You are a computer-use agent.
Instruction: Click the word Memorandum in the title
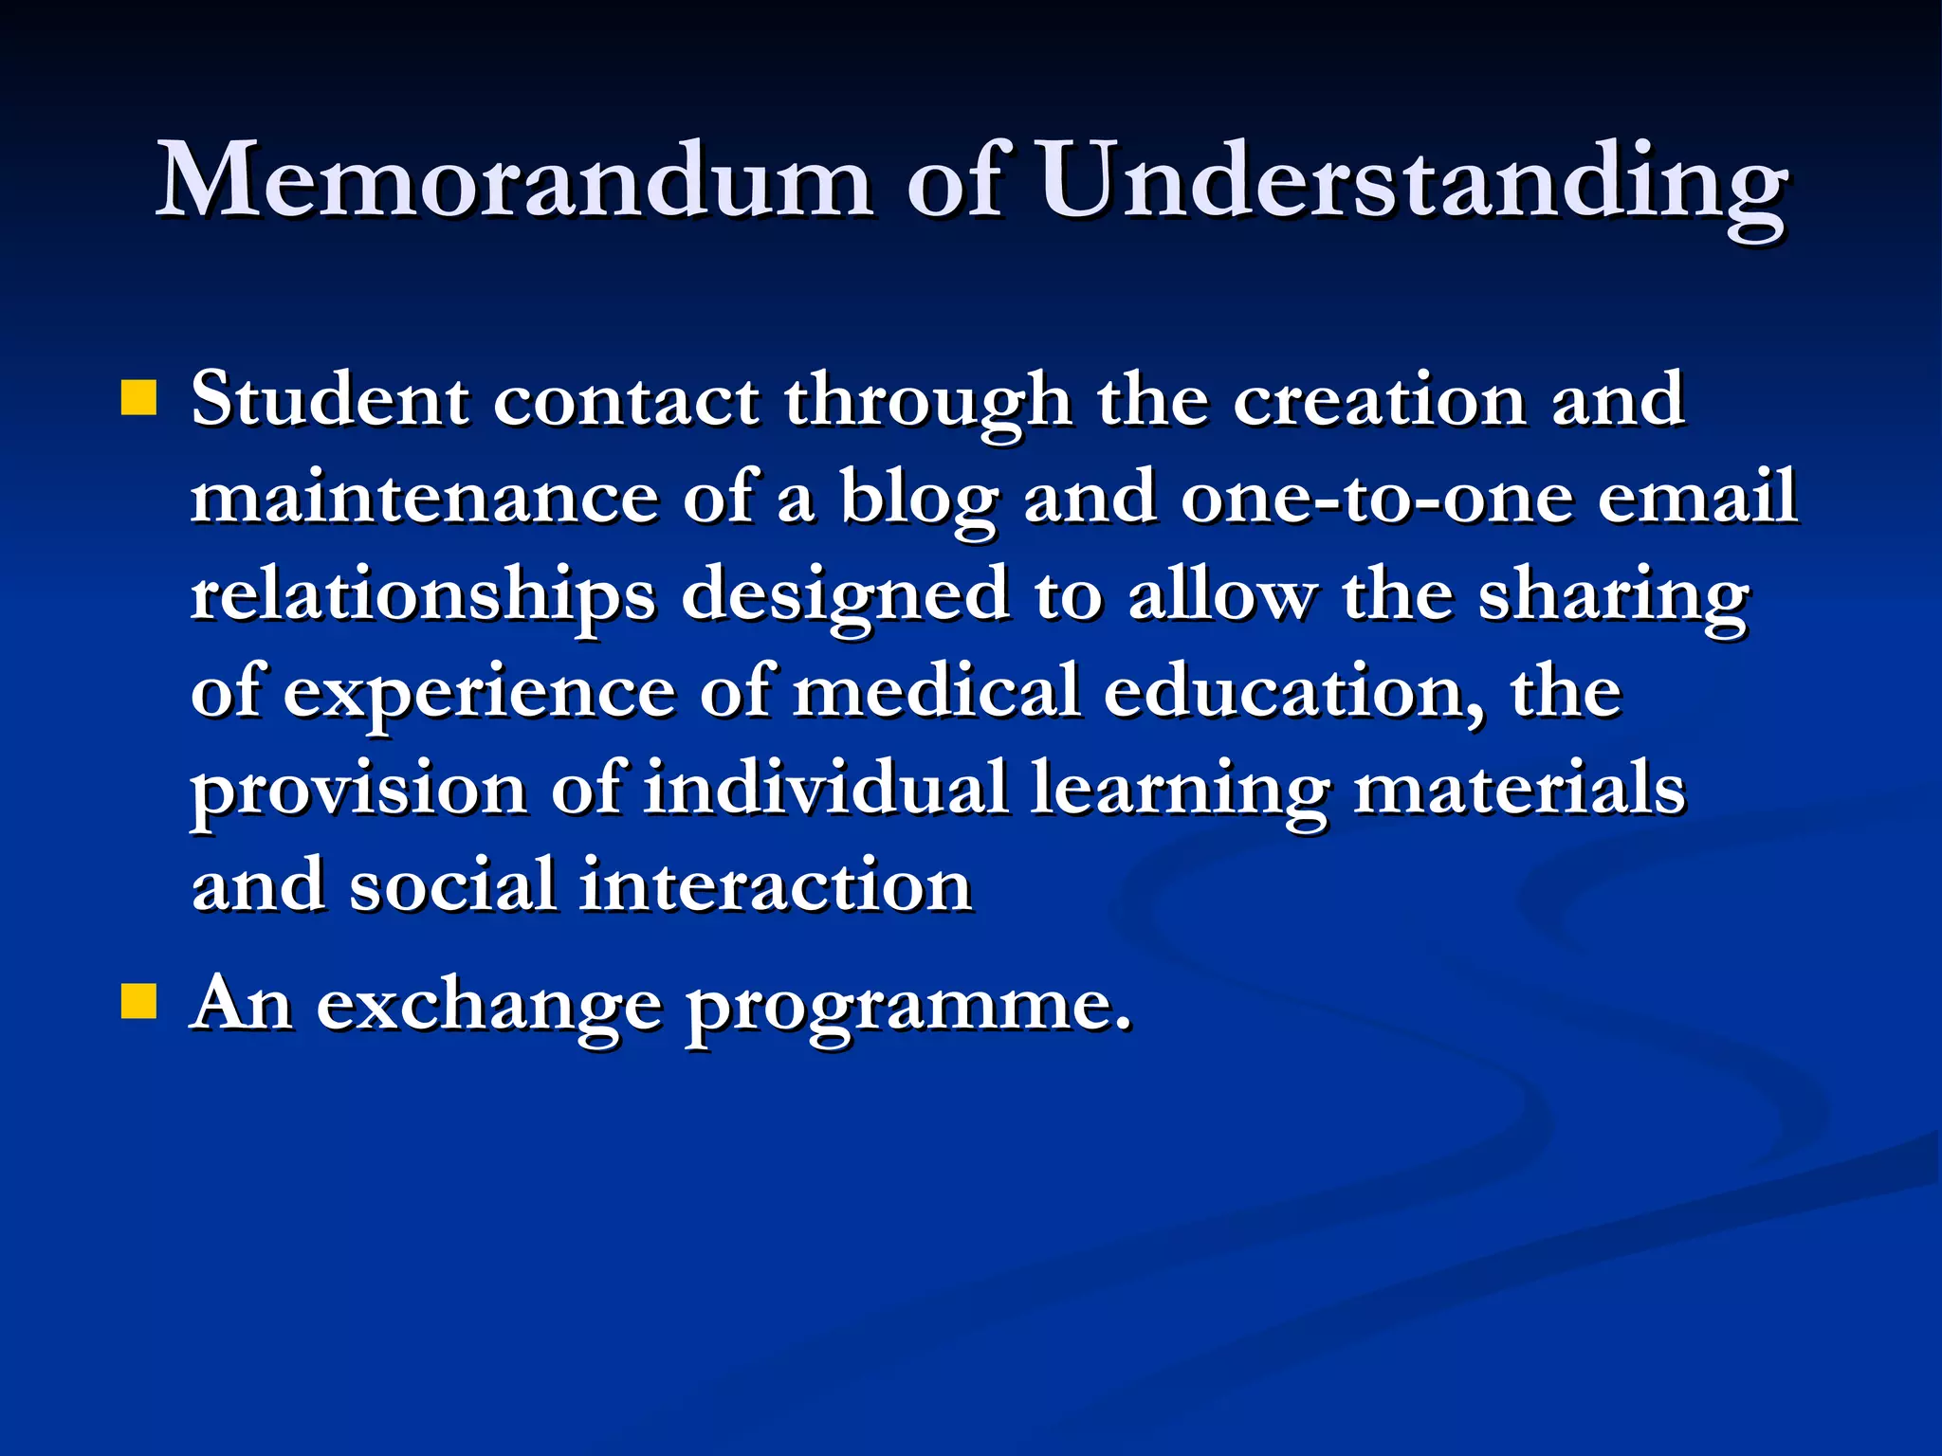click(513, 180)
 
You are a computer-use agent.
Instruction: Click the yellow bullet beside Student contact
click(138, 398)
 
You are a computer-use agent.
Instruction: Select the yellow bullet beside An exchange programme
click(138, 1001)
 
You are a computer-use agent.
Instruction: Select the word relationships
click(423, 597)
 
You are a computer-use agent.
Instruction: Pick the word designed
click(845, 597)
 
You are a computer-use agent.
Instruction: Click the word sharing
click(1613, 597)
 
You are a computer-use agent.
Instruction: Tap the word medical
click(935, 692)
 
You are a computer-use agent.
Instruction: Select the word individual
click(825, 789)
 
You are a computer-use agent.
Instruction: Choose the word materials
click(1518, 789)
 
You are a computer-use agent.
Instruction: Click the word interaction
click(775, 886)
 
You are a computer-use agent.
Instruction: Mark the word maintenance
click(424, 499)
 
